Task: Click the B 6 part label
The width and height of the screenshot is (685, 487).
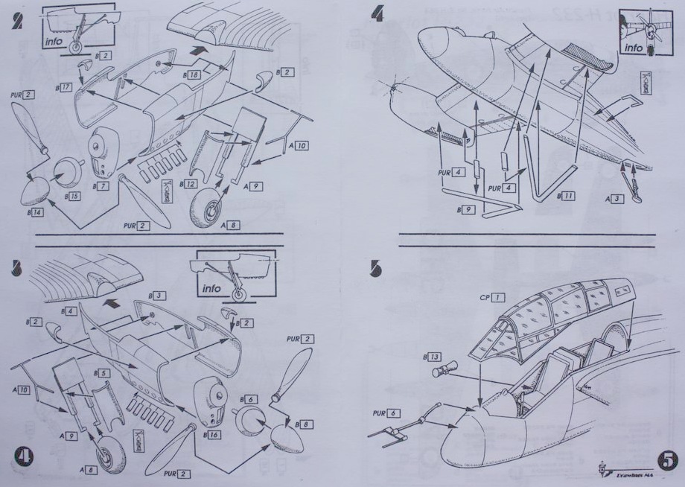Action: (249, 400)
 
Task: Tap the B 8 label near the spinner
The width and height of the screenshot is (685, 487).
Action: (304, 424)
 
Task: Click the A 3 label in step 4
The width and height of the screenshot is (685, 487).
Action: (614, 199)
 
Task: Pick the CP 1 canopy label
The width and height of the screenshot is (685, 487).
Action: (492, 297)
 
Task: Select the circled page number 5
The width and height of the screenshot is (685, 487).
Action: (666, 460)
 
